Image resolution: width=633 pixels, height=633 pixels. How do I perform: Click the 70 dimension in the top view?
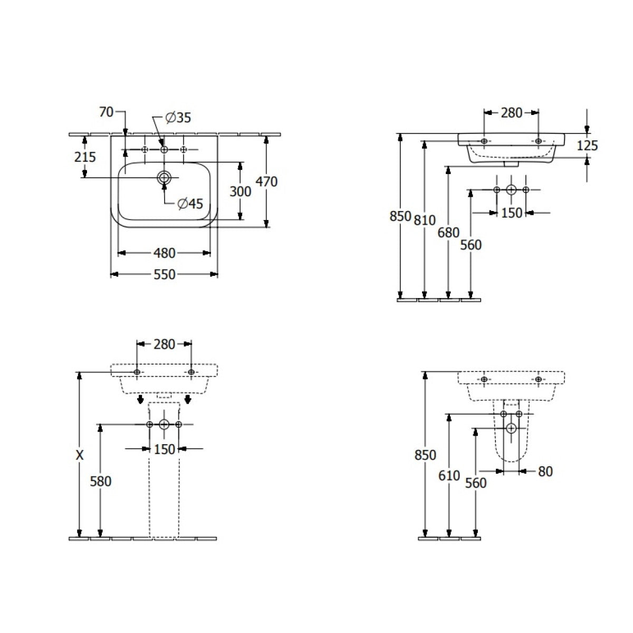tap(107, 112)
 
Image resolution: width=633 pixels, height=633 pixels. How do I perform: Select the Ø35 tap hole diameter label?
tap(178, 118)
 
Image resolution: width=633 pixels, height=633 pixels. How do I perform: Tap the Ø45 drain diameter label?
tap(190, 203)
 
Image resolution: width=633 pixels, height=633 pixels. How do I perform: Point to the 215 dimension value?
tap(85, 157)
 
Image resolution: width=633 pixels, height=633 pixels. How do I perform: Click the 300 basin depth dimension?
tap(240, 191)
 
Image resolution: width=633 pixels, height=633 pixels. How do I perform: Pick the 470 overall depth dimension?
tap(266, 182)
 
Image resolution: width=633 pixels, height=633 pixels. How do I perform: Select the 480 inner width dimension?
tap(164, 253)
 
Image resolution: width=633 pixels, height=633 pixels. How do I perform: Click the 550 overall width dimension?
tap(164, 274)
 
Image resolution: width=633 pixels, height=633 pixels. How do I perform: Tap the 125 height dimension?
tap(587, 145)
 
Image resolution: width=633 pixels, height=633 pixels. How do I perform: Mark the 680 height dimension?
tap(448, 232)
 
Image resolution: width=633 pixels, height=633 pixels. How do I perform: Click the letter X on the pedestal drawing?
tap(80, 455)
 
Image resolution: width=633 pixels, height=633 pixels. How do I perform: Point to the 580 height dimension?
tap(100, 481)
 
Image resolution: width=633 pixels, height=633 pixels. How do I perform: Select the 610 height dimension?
tap(449, 475)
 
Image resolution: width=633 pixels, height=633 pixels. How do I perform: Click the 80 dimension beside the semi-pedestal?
tap(545, 471)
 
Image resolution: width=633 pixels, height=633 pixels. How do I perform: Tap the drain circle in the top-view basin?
tap(164, 178)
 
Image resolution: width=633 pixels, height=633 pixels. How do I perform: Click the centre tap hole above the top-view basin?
tap(164, 150)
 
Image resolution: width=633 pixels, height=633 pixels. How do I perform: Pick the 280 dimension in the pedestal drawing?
tap(164, 344)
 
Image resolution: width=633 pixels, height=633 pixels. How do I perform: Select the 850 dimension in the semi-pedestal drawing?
tap(426, 455)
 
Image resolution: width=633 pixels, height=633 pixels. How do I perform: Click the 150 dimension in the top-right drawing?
tap(511, 213)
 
